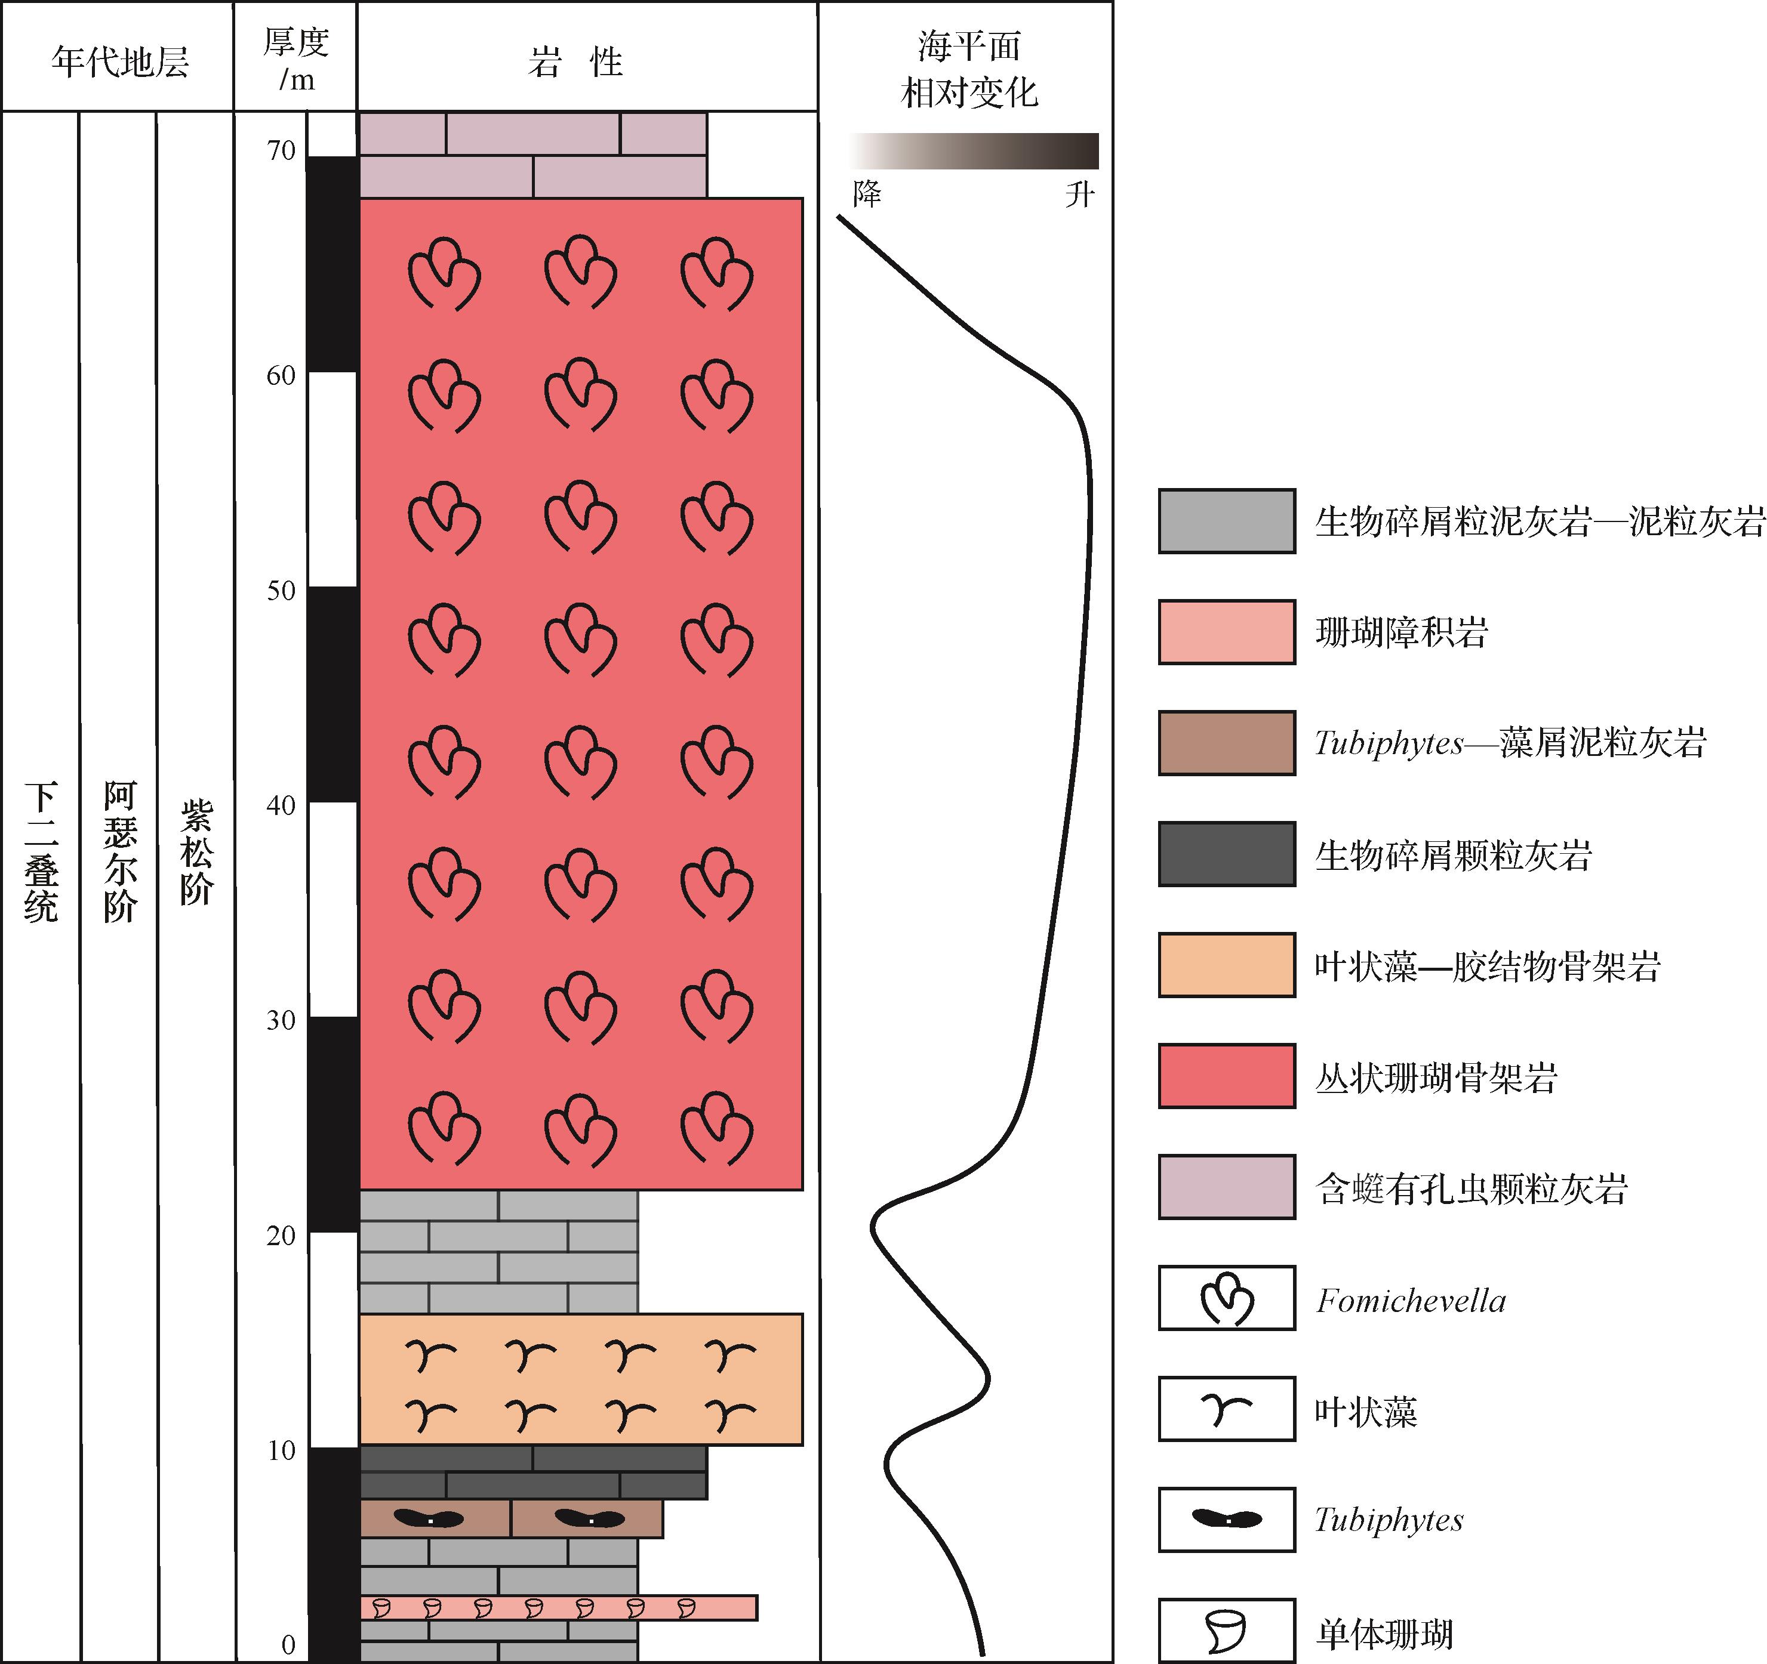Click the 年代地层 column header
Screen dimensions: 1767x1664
pyautogui.click(x=120, y=62)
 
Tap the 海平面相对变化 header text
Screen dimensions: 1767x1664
pyautogui.click(x=969, y=69)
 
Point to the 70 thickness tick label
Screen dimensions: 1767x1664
pyautogui.click(x=281, y=150)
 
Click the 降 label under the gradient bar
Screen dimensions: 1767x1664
pyautogui.click(x=867, y=194)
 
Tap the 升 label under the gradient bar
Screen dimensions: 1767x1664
pyautogui.click(x=1080, y=194)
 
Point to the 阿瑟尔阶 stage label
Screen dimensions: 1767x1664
pyautogui.click(x=120, y=852)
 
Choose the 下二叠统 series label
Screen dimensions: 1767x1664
pyautogui.click(x=41, y=852)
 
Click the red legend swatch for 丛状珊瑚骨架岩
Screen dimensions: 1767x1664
pyautogui.click(x=1227, y=1076)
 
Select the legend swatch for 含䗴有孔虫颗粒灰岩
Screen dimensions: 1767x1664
pyautogui.click(x=1227, y=1187)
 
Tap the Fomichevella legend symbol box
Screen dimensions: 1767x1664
pyautogui.click(x=1227, y=1298)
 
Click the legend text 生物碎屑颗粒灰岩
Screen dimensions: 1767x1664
pyautogui.click(x=1453, y=854)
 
